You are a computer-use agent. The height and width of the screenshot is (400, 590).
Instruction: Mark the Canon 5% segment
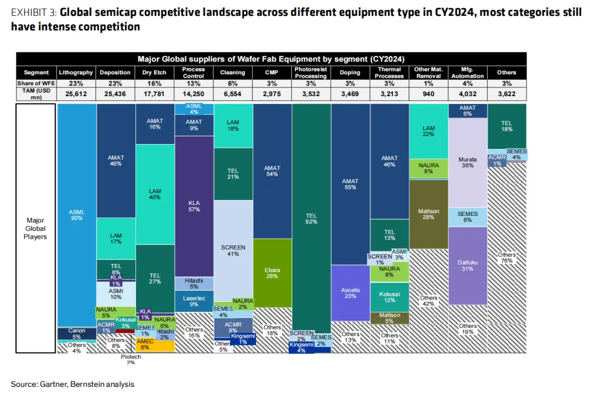(x=76, y=333)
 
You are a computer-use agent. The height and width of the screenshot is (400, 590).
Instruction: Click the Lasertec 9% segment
(x=194, y=301)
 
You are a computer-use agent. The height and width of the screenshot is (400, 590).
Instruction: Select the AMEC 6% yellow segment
(x=155, y=345)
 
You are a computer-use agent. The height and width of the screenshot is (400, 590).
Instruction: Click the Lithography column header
(x=76, y=72)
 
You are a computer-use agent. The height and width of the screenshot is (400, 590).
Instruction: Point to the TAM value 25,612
(x=76, y=94)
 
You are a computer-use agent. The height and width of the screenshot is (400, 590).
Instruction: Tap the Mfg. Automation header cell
(x=467, y=72)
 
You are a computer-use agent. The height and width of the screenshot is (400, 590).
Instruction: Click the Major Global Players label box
(x=36, y=228)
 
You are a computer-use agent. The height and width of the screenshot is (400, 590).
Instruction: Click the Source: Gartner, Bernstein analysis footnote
(x=72, y=384)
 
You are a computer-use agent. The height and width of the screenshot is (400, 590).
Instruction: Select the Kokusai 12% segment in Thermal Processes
(x=390, y=297)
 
